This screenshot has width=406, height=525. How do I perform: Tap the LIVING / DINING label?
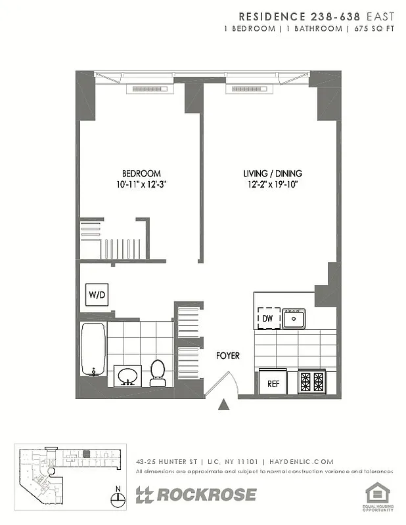(273, 173)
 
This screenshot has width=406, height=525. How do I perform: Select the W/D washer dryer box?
(96, 295)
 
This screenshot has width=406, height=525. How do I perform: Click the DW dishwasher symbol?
(267, 318)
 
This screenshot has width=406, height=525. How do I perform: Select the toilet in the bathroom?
(158, 372)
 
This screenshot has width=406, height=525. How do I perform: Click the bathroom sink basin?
(126, 376)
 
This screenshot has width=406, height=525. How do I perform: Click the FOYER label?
(228, 356)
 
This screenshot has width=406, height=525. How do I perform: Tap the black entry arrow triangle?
(225, 405)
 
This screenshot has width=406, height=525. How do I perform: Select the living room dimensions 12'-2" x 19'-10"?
(273, 185)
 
